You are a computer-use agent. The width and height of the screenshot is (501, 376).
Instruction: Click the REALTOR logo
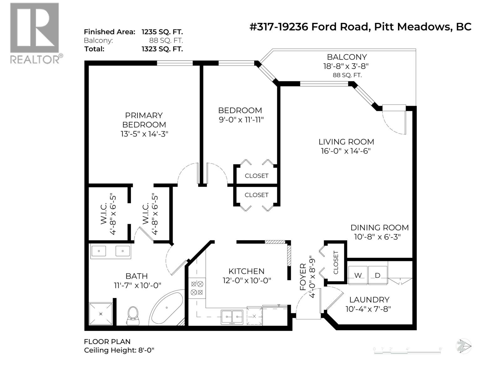pos(34,33)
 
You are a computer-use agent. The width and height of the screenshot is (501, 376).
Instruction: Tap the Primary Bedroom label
pos(144,120)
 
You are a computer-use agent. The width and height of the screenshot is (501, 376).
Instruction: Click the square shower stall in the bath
pos(101,314)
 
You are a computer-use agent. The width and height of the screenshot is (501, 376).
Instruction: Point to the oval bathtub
pos(166,309)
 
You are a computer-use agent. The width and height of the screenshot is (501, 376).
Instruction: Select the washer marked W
pos(358,275)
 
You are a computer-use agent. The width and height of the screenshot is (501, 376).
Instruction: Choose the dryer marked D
pos(378,275)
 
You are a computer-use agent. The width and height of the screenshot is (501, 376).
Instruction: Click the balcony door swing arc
pos(393,124)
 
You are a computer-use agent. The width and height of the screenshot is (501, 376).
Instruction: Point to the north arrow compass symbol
pos(464,347)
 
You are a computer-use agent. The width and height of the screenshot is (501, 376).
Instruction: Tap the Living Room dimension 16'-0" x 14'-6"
pos(346,151)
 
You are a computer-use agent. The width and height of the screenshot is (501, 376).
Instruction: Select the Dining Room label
pos(380,228)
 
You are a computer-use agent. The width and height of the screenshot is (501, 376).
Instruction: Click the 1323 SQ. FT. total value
pos(162,49)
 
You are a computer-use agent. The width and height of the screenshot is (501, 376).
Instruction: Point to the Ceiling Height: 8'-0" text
pos(119,350)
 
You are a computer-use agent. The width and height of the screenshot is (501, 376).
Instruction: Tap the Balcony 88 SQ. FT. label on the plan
pos(347,75)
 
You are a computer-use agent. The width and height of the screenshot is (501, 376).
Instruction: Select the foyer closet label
pos(336,263)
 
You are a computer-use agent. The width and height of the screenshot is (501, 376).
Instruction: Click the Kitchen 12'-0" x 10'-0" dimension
pos(246,280)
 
